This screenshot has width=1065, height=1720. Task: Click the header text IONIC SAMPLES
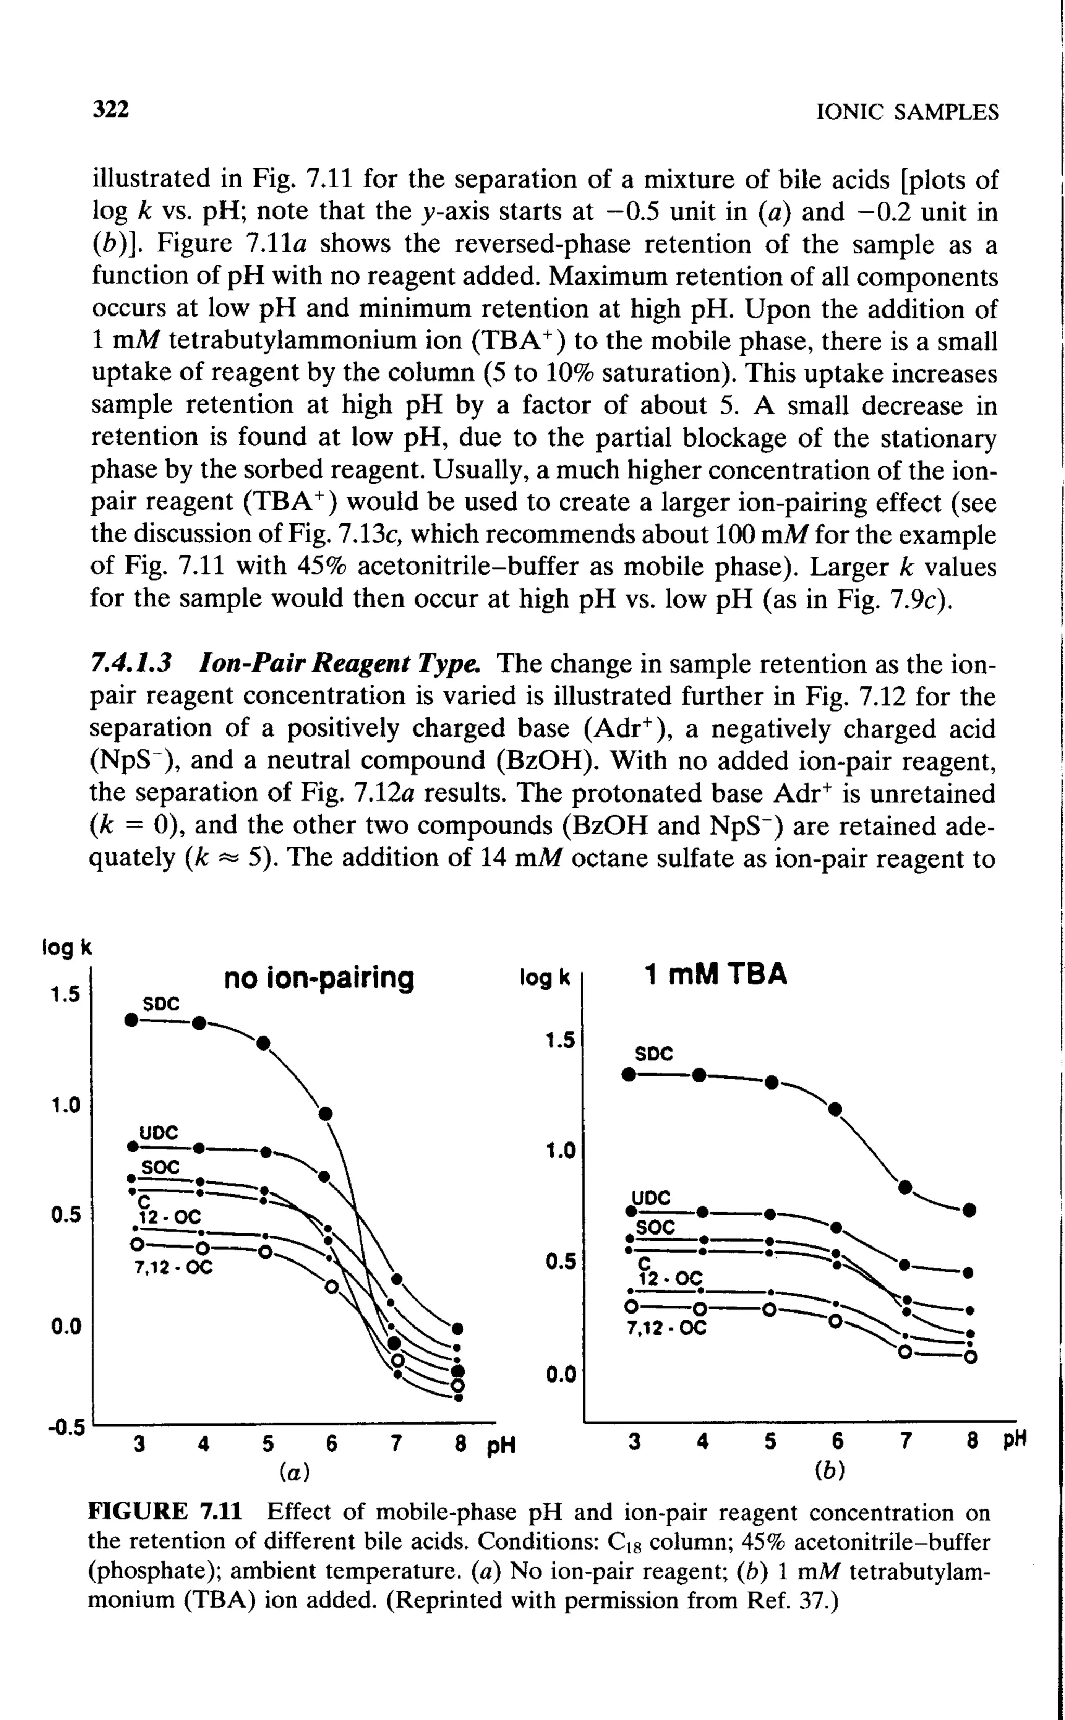click(906, 112)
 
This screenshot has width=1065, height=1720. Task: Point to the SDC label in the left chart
click(161, 1003)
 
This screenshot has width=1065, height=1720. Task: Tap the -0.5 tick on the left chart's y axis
click(66, 1428)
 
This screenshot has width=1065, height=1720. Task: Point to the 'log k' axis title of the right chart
click(543, 978)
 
